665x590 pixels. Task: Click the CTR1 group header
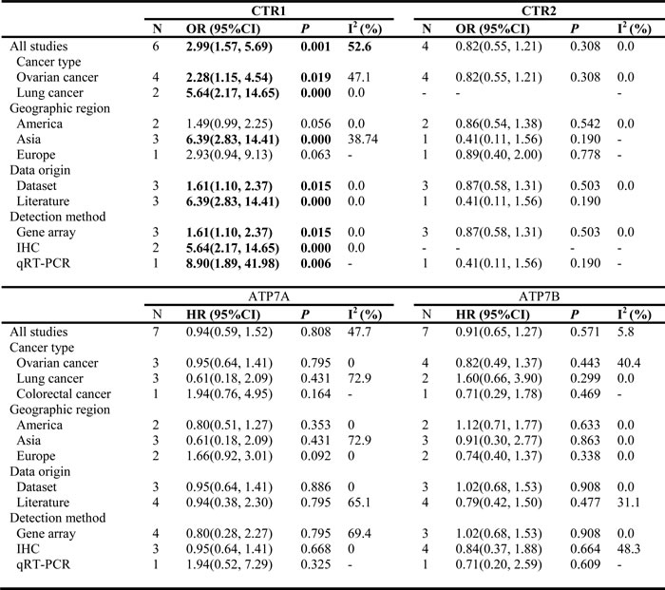pos(269,10)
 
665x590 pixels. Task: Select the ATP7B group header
pos(539,296)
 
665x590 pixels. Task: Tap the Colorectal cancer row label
pos(64,393)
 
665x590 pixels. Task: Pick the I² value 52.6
pos(360,47)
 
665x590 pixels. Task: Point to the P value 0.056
pos(315,124)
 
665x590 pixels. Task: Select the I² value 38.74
pos(363,139)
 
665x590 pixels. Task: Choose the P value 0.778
pos(585,155)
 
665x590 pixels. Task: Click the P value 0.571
pos(585,332)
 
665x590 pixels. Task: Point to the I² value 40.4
pos(629,363)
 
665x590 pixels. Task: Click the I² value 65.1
pos(359,503)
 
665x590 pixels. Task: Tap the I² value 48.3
pos(629,549)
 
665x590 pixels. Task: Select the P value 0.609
pos(585,564)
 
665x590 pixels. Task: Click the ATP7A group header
pos(269,296)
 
